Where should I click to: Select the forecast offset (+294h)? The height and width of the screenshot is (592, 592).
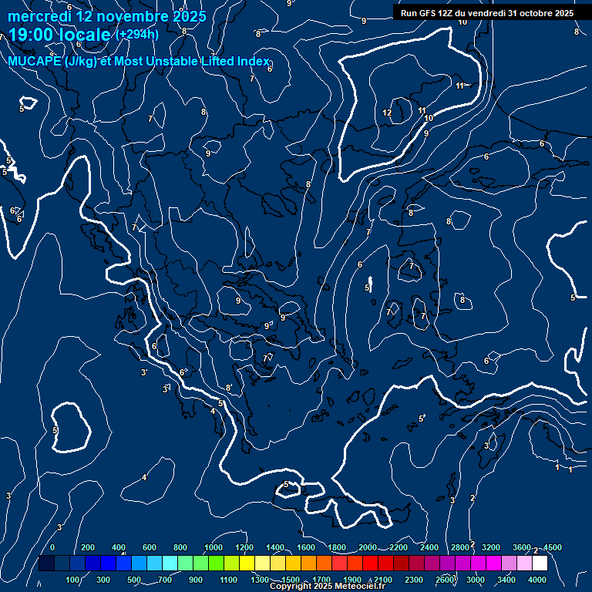tap(137, 35)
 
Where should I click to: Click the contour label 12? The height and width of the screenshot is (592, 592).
tap(387, 113)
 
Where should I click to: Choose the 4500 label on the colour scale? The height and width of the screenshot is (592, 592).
tap(552, 547)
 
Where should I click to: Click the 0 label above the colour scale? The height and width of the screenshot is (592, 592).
tap(52, 547)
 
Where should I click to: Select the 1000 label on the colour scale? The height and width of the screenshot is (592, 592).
tap(214, 547)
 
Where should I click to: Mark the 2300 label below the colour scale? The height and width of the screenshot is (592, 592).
tap(414, 580)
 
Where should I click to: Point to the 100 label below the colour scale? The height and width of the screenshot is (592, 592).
tap(74, 580)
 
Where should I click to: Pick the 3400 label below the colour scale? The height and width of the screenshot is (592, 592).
tap(506, 580)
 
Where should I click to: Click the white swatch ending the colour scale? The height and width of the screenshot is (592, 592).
tap(540, 563)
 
